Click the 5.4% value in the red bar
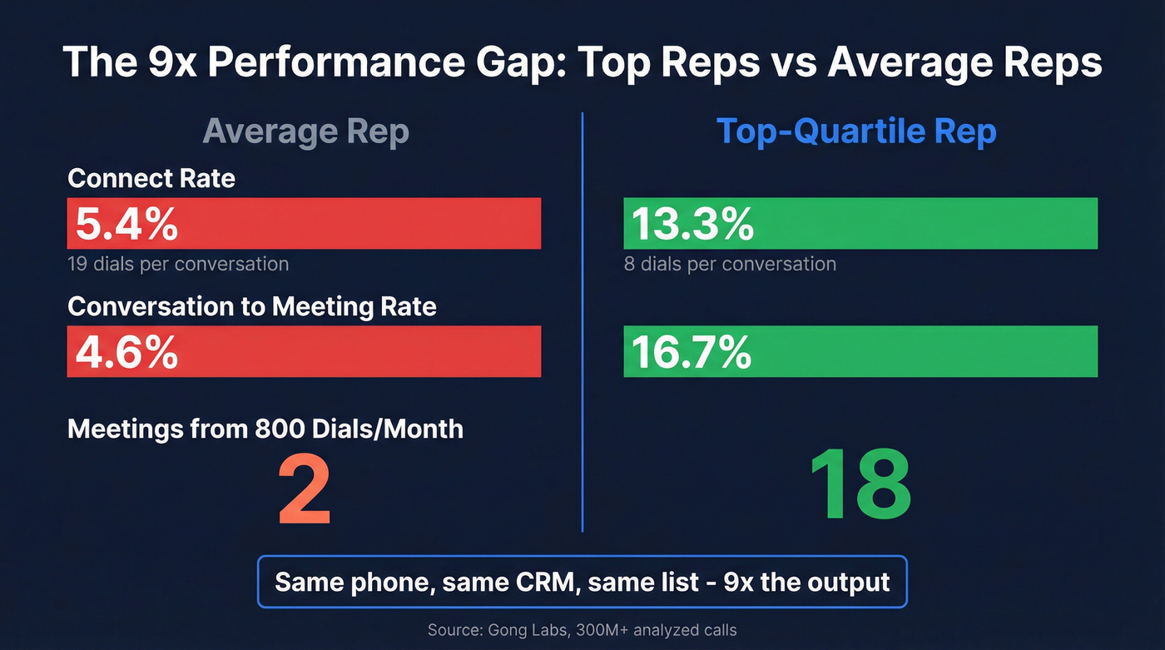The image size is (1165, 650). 126,224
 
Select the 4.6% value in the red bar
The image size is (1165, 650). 126,352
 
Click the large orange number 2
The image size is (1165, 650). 305,489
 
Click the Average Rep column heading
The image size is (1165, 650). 305,132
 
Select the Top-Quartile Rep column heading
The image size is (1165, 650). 856,132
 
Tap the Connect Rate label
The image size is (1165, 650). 151,178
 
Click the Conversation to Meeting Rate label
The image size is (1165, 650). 252,306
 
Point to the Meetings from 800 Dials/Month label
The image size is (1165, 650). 265,429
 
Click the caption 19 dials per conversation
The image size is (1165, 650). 178,265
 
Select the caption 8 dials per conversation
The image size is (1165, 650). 730,265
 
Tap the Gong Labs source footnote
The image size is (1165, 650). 582,630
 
